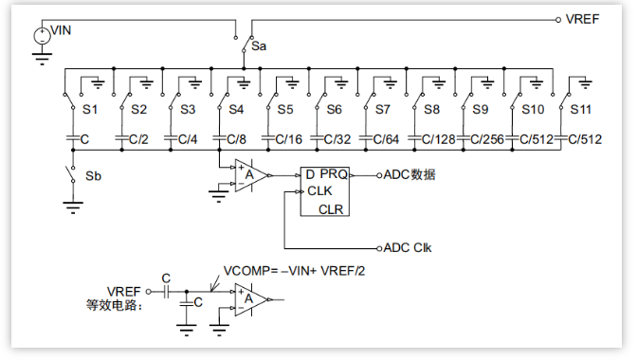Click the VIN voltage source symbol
(42, 36)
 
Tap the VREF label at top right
(582, 19)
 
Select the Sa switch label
(259, 46)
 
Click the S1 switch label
(90, 109)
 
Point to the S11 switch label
(580, 109)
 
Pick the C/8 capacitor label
(236, 139)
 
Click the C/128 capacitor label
(438, 139)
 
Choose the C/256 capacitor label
(487, 139)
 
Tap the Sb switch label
(93, 176)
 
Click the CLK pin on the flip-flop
(319, 190)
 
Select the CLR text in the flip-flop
(331, 209)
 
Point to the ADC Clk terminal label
(408, 247)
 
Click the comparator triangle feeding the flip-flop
(250, 175)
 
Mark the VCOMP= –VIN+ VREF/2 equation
(294, 271)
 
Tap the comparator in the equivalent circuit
(250, 299)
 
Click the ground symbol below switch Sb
(73, 207)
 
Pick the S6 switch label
(334, 109)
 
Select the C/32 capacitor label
(337, 139)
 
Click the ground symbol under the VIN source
(42, 59)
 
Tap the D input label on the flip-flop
(310, 174)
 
